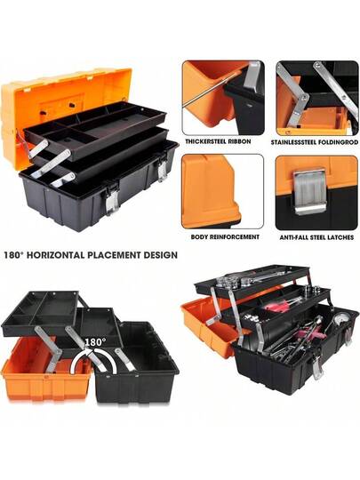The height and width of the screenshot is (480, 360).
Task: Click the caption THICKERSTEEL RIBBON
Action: (x=218, y=141)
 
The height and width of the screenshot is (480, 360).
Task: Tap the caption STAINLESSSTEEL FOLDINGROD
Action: (x=314, y=142)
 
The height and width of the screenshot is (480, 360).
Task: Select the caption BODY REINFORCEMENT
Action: (x=225, y=236)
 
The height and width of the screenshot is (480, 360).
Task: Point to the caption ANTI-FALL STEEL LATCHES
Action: (x=316, y=237)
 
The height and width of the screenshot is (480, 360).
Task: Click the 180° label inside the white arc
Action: (x=95, y=342)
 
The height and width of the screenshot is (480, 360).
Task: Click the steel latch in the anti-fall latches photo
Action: (x=308, y=191)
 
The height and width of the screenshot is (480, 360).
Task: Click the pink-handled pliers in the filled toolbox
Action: (x=281, y=305)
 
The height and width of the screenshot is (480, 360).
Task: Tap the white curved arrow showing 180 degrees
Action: (x=92, y=357)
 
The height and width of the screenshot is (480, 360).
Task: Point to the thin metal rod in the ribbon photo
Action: (x=212, y=90)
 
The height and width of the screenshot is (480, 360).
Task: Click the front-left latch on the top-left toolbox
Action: (x=112, y=201)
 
